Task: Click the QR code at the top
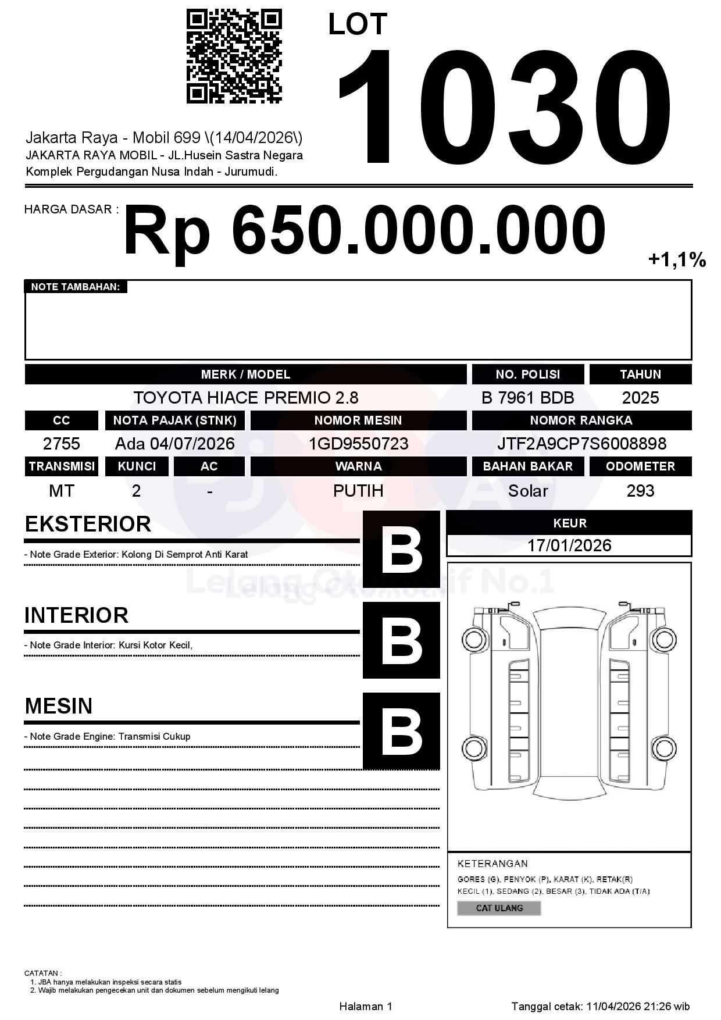(x=234, y=56)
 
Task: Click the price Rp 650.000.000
(x=365, y=231)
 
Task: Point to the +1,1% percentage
(x=677, y=259)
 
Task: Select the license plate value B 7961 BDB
(x=527, y=398)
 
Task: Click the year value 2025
(x=640, y=398)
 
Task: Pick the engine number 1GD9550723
(x=358, y=444)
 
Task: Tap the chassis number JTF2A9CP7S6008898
(x=581, y=444)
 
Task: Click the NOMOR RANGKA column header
(x=581, y=420)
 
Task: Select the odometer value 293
(x=640, y=491)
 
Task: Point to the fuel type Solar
(x=527, y=491)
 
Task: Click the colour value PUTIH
(x=358, y=491)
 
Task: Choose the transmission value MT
(x=61, y=491)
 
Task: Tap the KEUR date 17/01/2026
(x=569, y=545)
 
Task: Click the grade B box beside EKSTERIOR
(x=401, y=549)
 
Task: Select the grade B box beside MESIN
(x=401, y=730)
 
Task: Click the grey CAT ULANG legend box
(x=499, y=908)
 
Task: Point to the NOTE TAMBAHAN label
(x=76, y=287)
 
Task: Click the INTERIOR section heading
(x=76, y=615)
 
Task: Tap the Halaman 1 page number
(x=366, y=1006)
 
